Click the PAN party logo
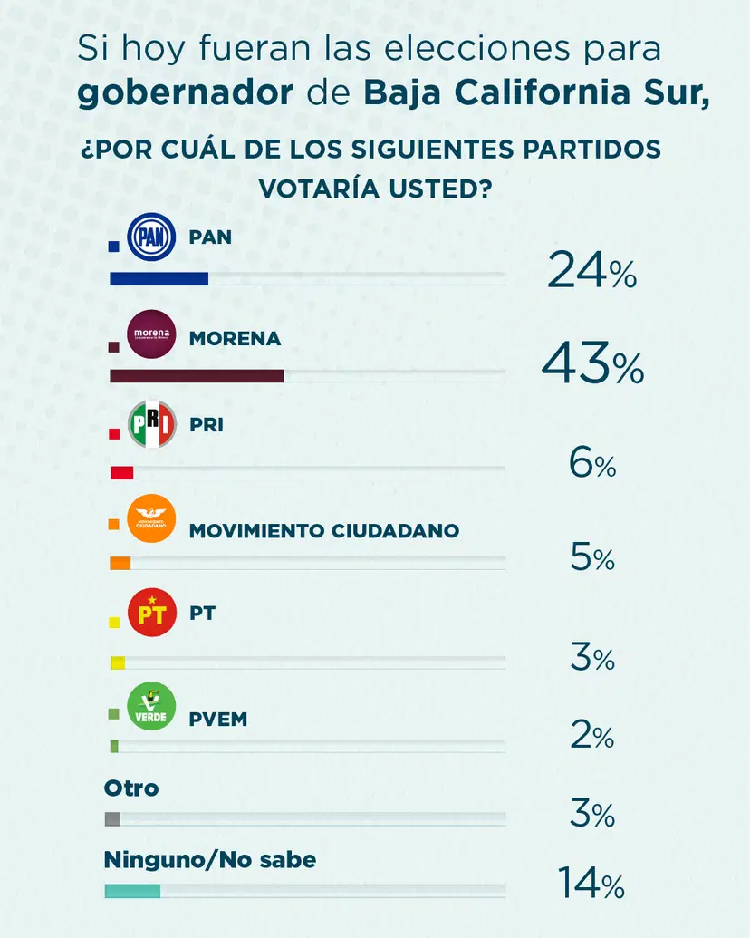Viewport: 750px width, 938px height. coord(151,238)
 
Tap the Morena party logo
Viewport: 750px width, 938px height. coord(151,334)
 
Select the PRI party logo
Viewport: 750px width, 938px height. coord(151,423)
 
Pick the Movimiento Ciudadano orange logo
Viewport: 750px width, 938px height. coord(151,519)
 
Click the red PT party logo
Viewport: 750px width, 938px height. coord(151,614)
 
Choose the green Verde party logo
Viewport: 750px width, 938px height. coord(151,707)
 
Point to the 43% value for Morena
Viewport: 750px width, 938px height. coord(592,367)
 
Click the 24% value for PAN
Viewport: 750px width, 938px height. coord(591,271)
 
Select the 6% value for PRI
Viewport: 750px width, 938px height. coord(592,465)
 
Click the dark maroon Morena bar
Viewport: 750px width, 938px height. coord(197,376)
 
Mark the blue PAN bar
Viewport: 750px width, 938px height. coord(159,278)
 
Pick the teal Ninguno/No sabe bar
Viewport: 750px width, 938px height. coord(133,891)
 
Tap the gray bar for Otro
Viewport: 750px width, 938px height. coord(113,819)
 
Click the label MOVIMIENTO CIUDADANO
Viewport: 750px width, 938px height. coord(324,530)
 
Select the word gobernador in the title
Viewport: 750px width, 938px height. coord(184,93)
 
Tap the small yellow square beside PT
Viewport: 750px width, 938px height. coord(114,624)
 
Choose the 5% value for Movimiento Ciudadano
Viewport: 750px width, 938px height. coord(592,558)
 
